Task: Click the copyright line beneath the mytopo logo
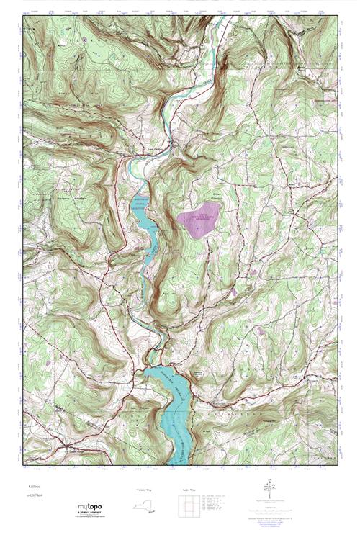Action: [x=92, y=518]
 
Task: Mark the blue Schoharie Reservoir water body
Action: [x=173, y=410]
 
